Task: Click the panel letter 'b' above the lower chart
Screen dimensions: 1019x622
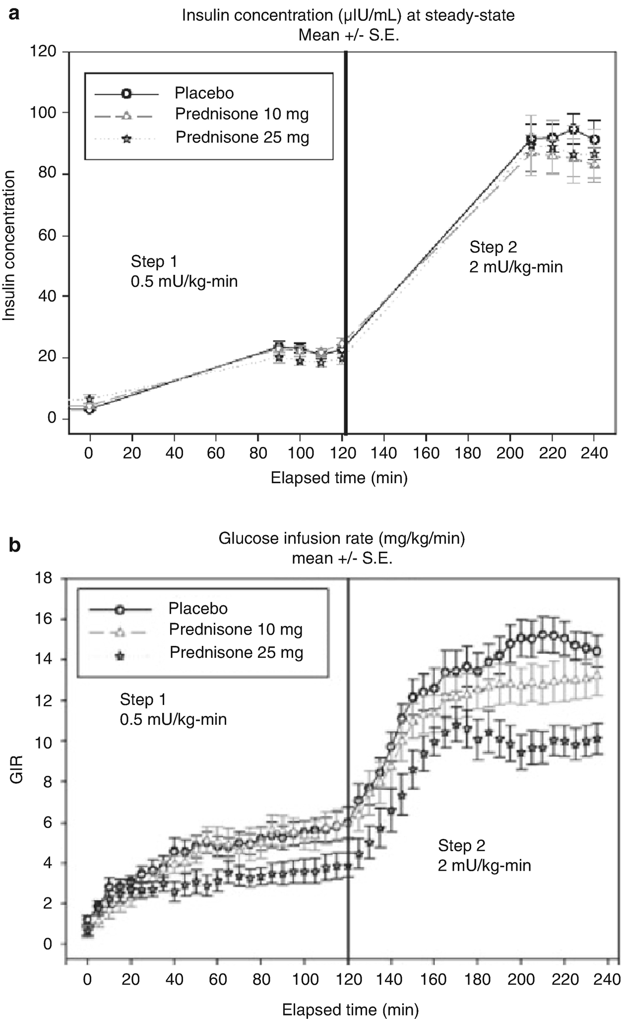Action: [14, 545]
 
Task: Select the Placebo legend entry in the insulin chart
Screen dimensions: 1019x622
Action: [204, 93]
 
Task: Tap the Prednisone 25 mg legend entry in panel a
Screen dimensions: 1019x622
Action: [242, 137]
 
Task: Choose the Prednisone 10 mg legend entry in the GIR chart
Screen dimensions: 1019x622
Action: [235, 629]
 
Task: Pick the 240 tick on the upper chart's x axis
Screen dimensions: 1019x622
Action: [594, 453]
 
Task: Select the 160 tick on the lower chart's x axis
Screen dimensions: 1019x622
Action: [433, 979]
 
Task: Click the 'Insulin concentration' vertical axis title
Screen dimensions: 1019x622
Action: [9, 246]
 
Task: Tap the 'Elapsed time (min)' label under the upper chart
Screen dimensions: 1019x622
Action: [339, 478]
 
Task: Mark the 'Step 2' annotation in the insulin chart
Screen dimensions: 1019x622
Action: [493, 247]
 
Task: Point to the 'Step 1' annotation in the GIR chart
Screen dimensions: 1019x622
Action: [143, 700]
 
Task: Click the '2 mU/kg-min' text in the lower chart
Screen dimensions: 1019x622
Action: [484, 866]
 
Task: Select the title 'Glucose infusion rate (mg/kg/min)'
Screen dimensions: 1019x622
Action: [342, 538]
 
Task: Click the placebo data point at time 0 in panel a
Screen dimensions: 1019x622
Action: [89, 409]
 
